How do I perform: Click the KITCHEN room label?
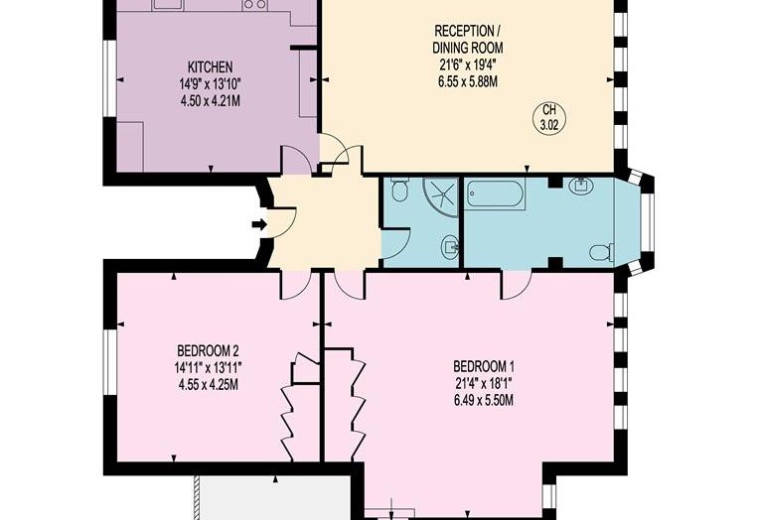[210, 66]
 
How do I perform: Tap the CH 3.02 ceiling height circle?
[549, 117]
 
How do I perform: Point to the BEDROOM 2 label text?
[208, 350]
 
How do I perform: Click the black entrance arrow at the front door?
[259, 224]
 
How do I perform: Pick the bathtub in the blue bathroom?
[496, 195]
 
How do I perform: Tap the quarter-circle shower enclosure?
[440, 197]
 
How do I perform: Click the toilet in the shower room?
[399, 189]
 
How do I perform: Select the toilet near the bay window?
[601, 252]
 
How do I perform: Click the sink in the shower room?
[451, 247]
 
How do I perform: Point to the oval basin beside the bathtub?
[580, 186]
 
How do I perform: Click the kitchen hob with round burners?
[255, 4]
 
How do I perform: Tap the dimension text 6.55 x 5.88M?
[468, 81]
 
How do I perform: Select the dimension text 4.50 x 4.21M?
[210, 101]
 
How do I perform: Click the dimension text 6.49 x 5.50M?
[484, 400]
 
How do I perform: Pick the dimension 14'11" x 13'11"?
[208, 368]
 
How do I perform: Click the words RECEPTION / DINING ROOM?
[468, 39]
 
